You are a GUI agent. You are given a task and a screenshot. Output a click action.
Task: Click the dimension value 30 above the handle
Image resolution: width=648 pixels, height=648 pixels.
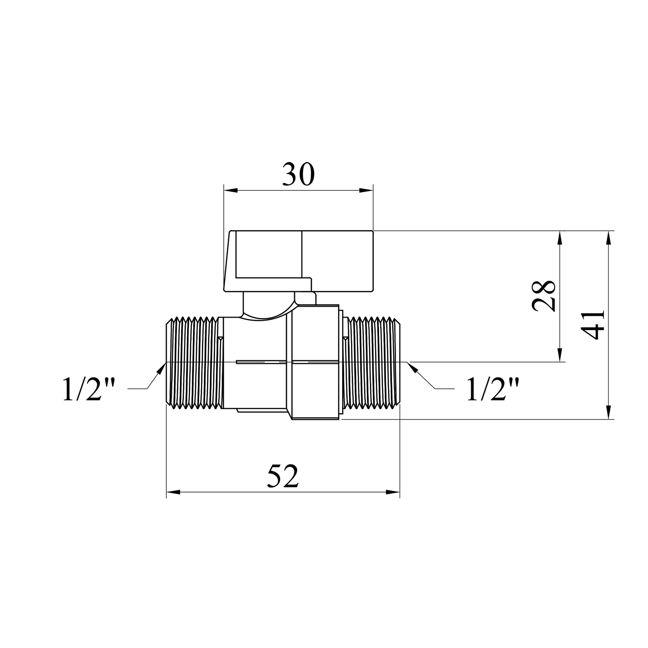[299, 175]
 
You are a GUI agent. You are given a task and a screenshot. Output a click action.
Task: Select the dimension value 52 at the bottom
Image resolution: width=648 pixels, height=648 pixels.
[283, 476]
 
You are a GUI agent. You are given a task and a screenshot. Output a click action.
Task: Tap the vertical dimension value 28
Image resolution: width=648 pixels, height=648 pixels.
[543, 296]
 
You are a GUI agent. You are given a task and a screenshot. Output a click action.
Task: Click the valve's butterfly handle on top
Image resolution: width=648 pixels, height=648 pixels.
[298, 260]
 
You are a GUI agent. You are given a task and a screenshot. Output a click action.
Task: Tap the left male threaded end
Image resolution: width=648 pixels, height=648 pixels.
[195, 363]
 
